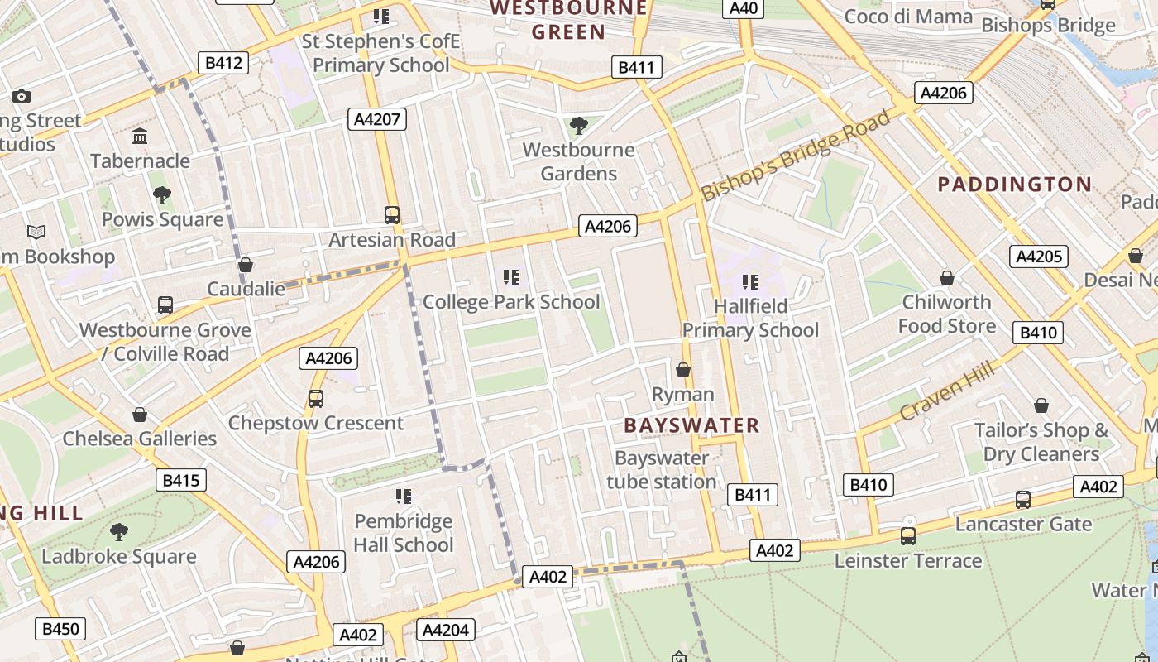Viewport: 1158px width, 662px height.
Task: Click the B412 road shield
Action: (x=223, y=62)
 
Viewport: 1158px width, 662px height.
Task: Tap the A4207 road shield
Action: (x=376, y=119)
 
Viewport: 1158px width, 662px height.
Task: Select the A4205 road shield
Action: (x=1038, y=257)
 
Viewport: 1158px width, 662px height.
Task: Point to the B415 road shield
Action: (x=181, y=480)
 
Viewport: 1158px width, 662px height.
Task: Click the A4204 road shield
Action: (x=445, y=631)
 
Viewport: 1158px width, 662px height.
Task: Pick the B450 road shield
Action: (x=60, y=629)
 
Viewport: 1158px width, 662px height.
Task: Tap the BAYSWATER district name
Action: (x=691, y=426)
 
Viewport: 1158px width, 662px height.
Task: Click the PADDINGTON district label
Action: (x=1014, y=185)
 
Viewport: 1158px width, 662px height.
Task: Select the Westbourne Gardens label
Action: (x=579, y=162)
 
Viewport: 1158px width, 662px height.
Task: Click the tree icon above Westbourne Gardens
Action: (x=579, y=126)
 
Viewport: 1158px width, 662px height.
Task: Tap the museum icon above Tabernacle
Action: (x=140, y=136)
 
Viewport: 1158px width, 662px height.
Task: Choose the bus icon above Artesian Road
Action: (x=392, y=215)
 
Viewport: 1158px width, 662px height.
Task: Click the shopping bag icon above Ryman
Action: (x=683, y=369)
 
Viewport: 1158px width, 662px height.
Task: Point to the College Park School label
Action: (x=511, y=302)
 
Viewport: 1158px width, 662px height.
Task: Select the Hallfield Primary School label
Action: (x=750, y=319)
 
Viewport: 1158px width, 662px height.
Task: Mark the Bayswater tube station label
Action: (x=662, y=470)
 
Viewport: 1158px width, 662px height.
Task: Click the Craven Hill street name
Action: (x=947, y=392)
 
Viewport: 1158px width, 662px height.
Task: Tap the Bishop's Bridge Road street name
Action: (x=796, y=156)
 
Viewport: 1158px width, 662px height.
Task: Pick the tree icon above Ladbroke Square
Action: (x=119, y=531)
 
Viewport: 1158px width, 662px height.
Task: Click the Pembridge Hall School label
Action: (x=404, y=533)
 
